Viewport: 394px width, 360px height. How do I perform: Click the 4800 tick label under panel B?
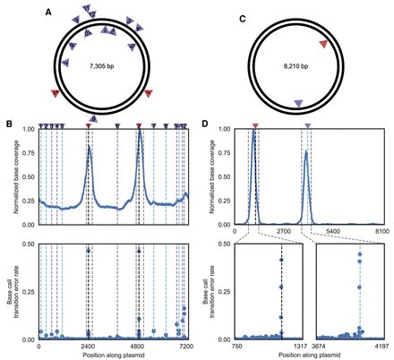[137, 344]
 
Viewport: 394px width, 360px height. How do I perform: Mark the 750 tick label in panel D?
[236, 345]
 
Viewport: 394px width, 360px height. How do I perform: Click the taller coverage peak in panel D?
[253, 134]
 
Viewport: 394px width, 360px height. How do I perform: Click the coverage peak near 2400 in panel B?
[89, 149]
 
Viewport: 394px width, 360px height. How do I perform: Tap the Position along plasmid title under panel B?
[112, 355]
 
